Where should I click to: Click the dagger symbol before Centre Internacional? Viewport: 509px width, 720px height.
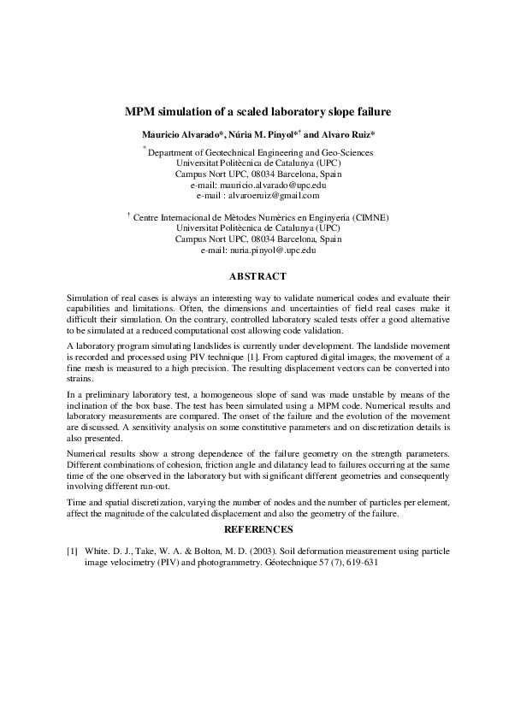[127, 215]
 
